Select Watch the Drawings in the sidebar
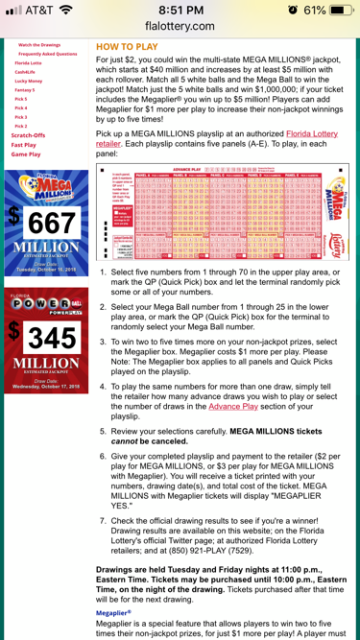pos(39,44)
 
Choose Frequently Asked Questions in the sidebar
pos(47,54)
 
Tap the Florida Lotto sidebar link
pos(28,62)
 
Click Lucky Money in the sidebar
pos(29,81)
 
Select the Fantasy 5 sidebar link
pos(24,89)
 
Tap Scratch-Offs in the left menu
pos(28,135)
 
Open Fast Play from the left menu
pos(24,145)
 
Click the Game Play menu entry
pos(26,154)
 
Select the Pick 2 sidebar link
pos(21,126)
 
